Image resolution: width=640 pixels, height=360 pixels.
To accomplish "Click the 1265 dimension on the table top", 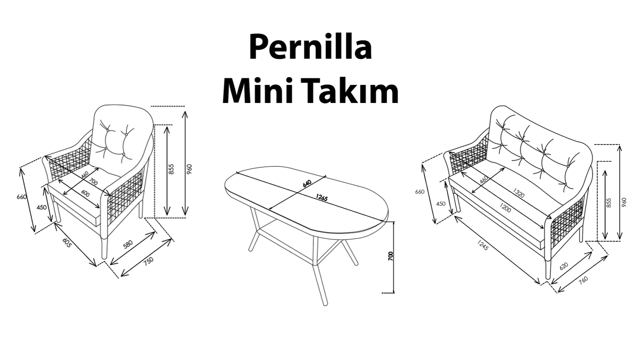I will tap(322, 198).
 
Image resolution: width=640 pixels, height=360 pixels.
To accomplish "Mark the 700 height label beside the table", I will tap(391, 256).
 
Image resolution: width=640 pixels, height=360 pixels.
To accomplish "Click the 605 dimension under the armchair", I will tap(67, 242).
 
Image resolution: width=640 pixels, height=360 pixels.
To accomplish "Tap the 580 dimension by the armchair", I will tap(128, 244).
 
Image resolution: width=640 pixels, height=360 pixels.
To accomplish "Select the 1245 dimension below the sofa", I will tap(482, 245).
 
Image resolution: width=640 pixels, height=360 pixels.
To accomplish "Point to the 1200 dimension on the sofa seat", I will tap(505, 209).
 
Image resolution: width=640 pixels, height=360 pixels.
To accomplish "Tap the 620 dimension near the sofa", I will tap(563, 266).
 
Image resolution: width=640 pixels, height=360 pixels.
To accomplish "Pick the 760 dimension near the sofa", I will tap(583, 280).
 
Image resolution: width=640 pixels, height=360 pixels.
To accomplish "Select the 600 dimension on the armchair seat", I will tap(85, 194).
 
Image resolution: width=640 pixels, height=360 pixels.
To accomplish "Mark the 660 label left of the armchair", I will tap(21, 197).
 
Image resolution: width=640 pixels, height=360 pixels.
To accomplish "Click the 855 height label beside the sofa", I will tap(609, 203).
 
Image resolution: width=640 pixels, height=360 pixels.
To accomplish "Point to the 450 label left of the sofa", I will tap(440, 204).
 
